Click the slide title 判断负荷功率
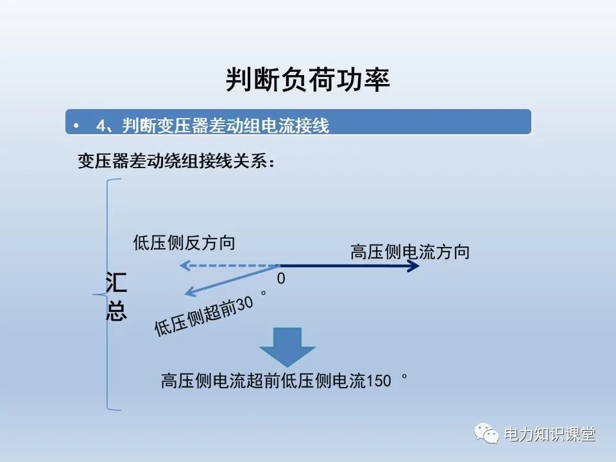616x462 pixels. (308, 80)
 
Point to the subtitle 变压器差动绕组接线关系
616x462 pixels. (176, 160)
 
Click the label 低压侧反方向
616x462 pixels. (184, 243)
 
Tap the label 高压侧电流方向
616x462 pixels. (409, 252)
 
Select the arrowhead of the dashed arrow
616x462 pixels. (184, 265)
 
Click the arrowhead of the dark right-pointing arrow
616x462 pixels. (415, 265)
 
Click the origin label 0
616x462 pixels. (280, 279)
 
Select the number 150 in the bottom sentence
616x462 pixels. (378, 381)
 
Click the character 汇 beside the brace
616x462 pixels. (116, 283)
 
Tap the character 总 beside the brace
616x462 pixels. (116, 311)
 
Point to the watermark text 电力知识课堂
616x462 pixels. (550, 434)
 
